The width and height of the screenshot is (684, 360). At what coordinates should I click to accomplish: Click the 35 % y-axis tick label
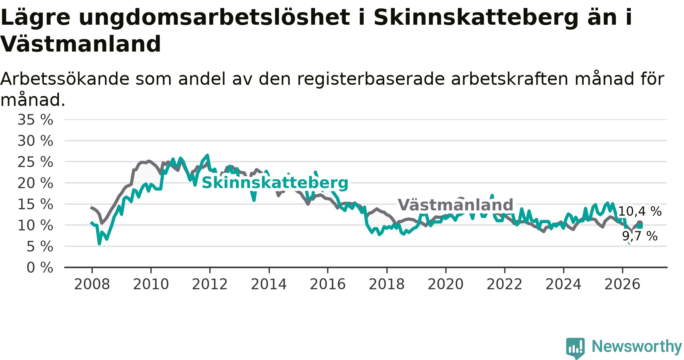tap(35, 120)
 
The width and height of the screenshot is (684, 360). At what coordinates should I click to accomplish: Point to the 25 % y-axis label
tap(35, 162)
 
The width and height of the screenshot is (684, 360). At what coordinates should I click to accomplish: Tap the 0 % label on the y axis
tap(40, 268)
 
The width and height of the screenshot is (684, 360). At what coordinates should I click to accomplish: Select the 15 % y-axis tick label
tap(35, 204)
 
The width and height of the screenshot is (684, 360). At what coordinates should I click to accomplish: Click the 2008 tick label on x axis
tap(92, 284)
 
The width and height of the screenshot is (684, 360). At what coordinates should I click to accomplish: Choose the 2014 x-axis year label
tap(269, 284)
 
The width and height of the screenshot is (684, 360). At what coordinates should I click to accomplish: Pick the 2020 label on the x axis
tap(446, 284)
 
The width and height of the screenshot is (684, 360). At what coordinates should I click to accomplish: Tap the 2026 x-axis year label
tap(622, 284)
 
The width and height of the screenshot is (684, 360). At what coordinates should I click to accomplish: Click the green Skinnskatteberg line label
tap(275, 183)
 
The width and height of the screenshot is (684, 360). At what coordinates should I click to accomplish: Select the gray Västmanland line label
tap(456, 205)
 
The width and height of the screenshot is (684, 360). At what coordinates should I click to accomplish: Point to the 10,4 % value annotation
tap(640, 212)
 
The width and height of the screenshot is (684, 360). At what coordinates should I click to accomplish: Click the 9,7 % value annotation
tap(640, 236)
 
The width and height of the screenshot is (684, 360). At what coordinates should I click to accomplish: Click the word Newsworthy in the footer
tap(637, 346)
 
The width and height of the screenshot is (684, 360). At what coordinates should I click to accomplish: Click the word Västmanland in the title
tap(81, 44)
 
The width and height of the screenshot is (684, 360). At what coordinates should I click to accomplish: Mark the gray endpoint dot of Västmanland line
tap(640, 223)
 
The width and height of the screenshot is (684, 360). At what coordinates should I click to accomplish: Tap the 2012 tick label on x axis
tap(210, 284)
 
